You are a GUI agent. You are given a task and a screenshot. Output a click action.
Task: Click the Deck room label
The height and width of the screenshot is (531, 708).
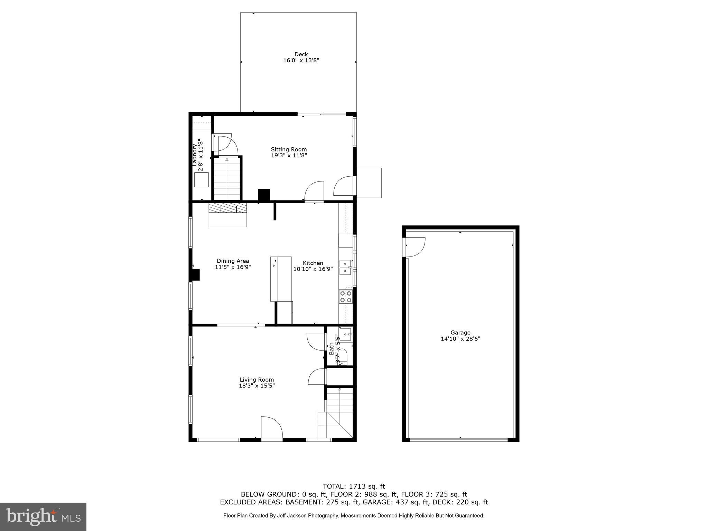click(x=301, y=54)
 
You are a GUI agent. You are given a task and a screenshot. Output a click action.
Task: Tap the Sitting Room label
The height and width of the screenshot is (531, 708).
click(x=289, y=149)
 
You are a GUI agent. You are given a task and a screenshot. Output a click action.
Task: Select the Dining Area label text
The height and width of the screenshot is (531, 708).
click(x=233, y=261)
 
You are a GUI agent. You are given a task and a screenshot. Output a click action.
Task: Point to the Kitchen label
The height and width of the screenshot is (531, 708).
click(x=313, y=263)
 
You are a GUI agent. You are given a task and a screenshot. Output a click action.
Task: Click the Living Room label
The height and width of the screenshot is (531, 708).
click(x=257, y=380)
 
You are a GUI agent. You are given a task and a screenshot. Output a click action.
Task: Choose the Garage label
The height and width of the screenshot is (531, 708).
click(x=460, y=333)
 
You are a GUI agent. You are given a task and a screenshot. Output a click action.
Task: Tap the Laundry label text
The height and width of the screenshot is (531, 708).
click(x=195, y=155)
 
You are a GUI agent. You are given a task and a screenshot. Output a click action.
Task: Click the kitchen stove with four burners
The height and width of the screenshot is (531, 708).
click(x=346, y=297)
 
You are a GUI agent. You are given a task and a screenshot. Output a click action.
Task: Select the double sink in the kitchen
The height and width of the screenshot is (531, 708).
click(x=345, y=267)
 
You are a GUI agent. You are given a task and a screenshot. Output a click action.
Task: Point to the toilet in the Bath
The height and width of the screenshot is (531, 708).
click(x=342, y=356)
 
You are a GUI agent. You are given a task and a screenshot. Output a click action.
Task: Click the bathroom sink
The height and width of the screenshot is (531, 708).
click(x=345, y=334)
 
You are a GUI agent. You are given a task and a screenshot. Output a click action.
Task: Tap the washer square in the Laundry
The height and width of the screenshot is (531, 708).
click(x=202, y=180)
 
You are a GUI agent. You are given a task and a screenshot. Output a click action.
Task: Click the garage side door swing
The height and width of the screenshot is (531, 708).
click(x=415, y=247)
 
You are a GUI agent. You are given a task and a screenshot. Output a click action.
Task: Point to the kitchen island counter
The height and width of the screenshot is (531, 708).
click(x=281, y=279)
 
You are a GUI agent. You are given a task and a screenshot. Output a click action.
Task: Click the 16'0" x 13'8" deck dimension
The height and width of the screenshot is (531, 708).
click(x=301, y=60)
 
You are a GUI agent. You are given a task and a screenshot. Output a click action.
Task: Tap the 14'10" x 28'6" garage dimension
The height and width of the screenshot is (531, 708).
click(x=460, y=339)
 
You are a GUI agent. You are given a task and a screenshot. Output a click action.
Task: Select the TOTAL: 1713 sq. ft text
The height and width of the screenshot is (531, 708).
click(x=354, y=487)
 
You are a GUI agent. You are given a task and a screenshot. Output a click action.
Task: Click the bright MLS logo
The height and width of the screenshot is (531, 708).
click(x=43, y=517)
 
